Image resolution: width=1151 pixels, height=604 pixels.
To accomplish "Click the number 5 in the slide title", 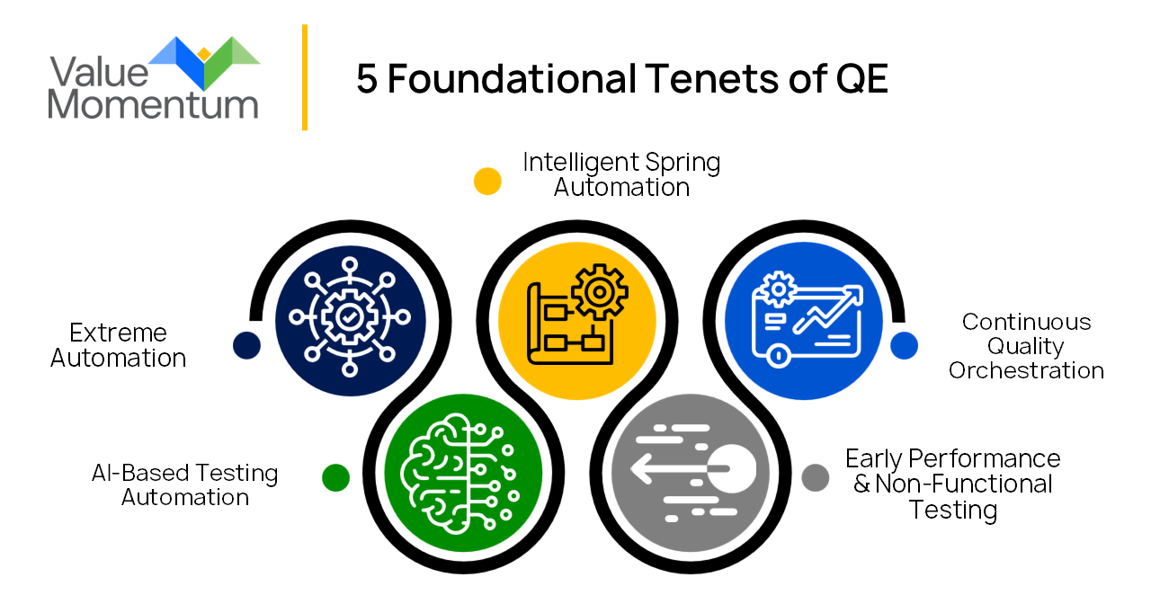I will [367, 79].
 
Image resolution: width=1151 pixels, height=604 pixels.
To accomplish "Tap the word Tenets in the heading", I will [697, 79].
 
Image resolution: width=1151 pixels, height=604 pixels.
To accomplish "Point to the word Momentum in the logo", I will [153, 104].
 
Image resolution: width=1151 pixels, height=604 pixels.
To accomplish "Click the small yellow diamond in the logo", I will [204, 54].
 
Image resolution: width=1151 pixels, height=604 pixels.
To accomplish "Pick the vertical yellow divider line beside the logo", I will [305, 77].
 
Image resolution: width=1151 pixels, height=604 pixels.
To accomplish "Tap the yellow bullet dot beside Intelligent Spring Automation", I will [487, 181].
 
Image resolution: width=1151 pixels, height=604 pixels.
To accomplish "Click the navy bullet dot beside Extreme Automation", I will [246, 345].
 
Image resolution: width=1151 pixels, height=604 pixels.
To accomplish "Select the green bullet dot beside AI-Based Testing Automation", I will [335, 477].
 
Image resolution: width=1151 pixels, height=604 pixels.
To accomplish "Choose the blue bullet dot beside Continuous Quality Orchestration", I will [905, 345].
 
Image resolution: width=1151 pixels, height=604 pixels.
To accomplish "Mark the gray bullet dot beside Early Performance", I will [815, 477].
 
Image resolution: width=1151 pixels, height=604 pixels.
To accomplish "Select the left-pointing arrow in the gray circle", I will [661, 468].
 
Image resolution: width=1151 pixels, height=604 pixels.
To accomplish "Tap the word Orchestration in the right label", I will [1026, 370].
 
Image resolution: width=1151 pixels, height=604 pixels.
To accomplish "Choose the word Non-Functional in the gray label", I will [963, 484].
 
